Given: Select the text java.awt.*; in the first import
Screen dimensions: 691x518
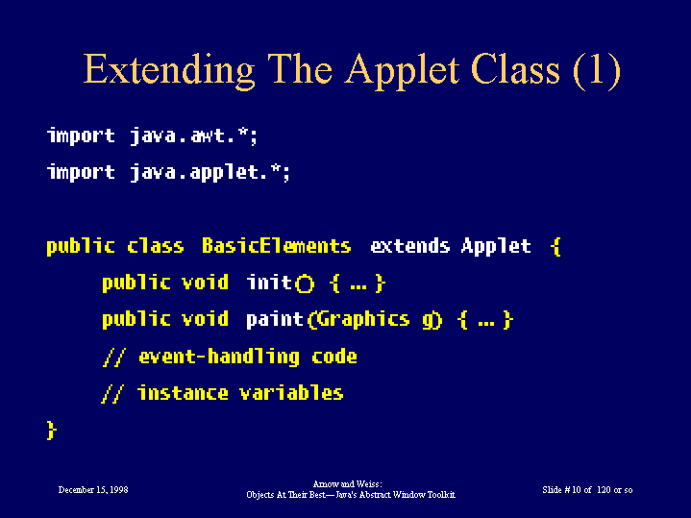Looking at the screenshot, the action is point(193,136).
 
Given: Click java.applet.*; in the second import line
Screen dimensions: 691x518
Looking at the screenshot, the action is point(210,172).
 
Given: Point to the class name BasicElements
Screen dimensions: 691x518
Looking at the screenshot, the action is point(277,246).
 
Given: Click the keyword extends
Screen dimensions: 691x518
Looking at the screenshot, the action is point(409,246).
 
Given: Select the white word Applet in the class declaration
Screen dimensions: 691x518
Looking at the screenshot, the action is point(496,246).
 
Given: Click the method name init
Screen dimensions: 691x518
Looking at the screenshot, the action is point(269,283).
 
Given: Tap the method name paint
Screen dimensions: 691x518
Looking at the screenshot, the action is point(275,320).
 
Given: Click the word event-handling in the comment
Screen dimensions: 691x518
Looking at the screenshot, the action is point(219,357).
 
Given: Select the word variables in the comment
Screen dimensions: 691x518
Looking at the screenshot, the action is point(291,392).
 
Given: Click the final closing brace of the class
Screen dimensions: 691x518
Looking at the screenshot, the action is point(52,430).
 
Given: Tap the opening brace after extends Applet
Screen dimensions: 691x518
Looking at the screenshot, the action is point(556,246).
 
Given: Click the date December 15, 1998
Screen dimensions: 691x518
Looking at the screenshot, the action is point(93,490).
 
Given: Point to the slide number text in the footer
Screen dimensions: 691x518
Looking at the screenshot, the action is point(587,490).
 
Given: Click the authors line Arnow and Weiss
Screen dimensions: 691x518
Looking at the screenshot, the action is point(347,484).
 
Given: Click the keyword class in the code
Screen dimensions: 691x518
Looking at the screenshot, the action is point(156,246).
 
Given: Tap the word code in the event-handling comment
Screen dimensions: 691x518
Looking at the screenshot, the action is point(334,356).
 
